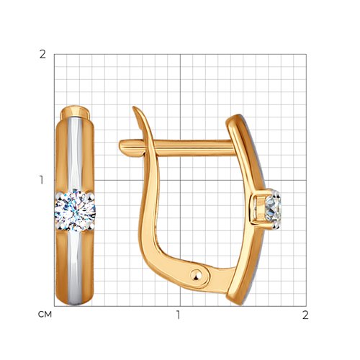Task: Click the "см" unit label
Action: pyautogui.click(x=45, y=315)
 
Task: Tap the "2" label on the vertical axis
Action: pyautogui.click(x=42, y=55)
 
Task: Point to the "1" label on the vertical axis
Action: pyautogui.click(x=42, y=180)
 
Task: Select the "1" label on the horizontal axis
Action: pyautogui.click(x=178, y=315)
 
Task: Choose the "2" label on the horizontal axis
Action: pyautogui.click(x=305, y=315)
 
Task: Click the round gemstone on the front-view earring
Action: pyautogui.click(x=75, y=210)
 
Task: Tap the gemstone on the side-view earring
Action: pyautogui.click(x=273, y=209)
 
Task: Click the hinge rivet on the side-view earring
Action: pyautogui.click(x=197, y=275)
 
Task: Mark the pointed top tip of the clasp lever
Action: pyautogui.click(x=133, y=107)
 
